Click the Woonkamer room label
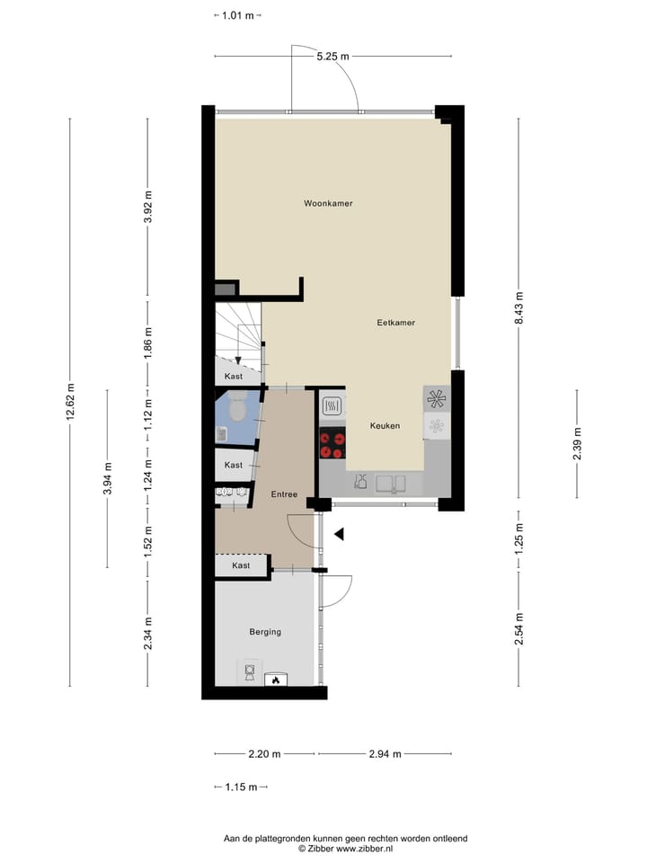327,203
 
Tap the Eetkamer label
396,322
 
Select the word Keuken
385,425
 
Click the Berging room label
265,632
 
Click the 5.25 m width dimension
332,57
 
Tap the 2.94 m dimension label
384,754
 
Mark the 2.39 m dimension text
576,444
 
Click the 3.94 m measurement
107,478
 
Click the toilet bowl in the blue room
237,410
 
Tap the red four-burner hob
332,440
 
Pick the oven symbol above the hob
332,406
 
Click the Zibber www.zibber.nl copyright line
346,848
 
